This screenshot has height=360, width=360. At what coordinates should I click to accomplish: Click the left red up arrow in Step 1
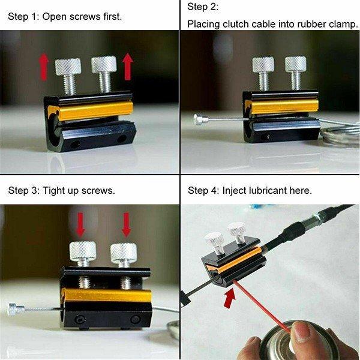(44, 67)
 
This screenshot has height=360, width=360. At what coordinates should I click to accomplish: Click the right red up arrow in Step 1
(128, 67)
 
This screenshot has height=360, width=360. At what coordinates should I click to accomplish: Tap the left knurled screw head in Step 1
(68, 67)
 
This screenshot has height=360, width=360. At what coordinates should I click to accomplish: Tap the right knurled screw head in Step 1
(104, 64)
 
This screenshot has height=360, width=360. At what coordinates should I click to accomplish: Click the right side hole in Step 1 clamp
(121, 139)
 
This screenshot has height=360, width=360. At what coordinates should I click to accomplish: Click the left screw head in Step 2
(263, 65)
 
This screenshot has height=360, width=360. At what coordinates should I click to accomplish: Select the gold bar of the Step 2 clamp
(284, 107)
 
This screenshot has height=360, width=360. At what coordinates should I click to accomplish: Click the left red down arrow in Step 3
(80, 225)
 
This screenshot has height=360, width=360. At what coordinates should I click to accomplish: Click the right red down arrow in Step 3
(126, 225)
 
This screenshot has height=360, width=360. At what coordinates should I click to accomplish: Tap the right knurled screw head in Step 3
(124, 253)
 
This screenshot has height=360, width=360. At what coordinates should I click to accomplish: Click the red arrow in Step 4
(230, 298)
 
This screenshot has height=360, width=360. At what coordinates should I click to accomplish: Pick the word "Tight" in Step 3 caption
(54, 191)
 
